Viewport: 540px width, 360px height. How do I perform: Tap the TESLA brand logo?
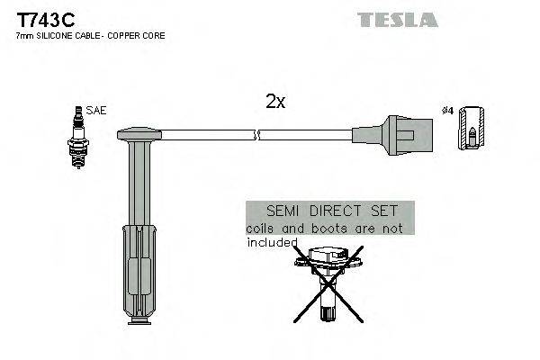tap(397, 19)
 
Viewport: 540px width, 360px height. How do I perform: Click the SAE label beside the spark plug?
tap(97, 111)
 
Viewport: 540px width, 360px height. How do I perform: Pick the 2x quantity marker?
tap(275, 103)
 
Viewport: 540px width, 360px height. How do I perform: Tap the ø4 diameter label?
tap(446, 111)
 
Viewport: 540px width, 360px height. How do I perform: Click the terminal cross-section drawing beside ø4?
tap(472, 129)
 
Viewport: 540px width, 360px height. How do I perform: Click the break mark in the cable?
tap(257, 136)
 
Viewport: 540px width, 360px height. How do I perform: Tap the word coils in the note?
tap(260, 229)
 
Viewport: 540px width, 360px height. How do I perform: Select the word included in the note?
tap(271, 242)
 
